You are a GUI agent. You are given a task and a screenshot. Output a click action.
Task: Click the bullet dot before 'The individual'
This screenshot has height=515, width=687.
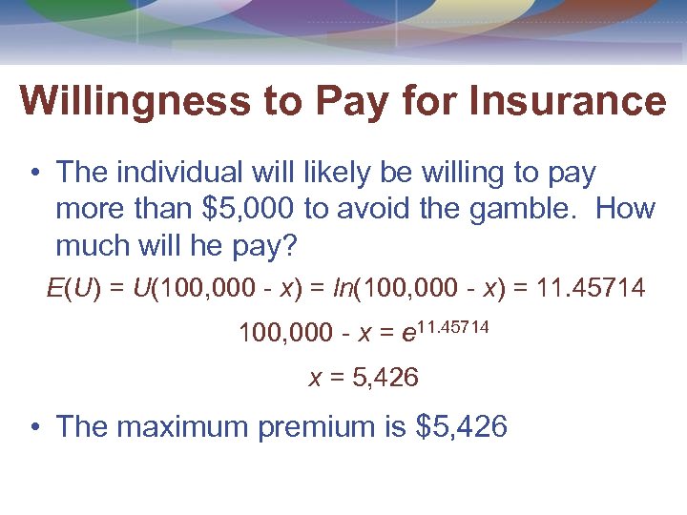pyautogui.click(x=33, y=174)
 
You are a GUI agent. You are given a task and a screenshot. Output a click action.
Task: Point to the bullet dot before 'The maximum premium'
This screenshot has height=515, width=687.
pyautogui.click(x=33, y=427)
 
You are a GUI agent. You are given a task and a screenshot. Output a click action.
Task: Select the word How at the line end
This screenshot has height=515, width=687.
pyautogui.click(x=626, y=209)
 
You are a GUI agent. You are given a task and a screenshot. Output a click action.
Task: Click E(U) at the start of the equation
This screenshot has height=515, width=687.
pyautogui.click(x=73, y=287)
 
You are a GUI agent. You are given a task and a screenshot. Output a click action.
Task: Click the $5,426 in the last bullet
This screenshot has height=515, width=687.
pyautogui.click(x=462, y=426)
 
